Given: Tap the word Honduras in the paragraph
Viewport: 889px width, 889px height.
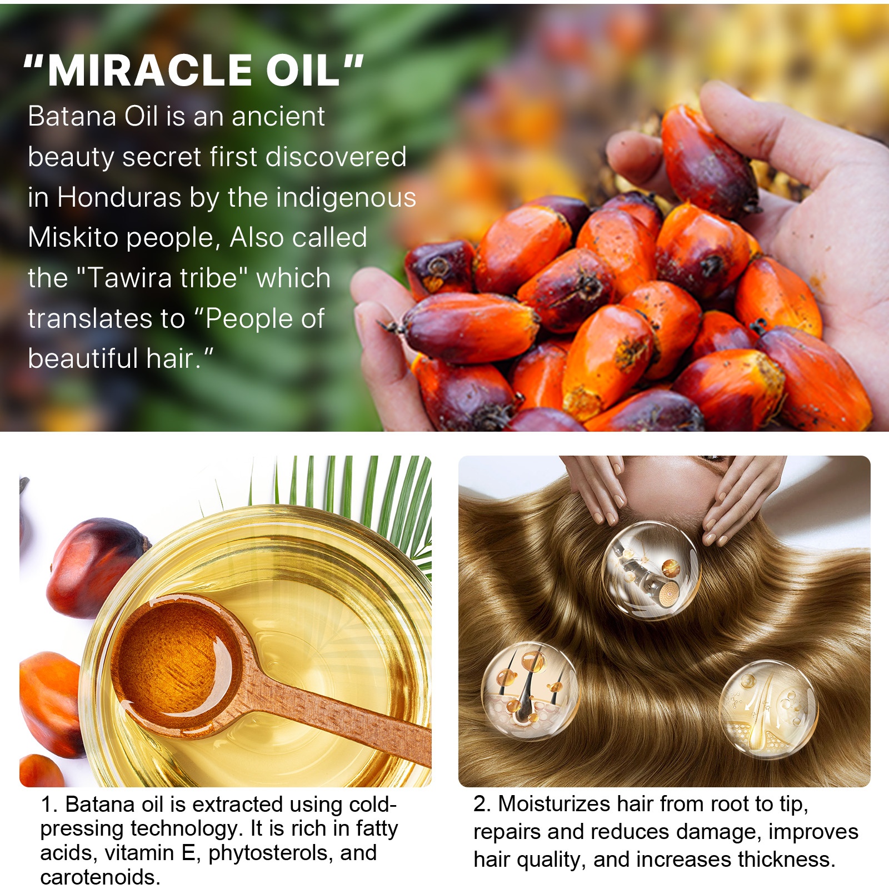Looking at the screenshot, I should tap(119, 197).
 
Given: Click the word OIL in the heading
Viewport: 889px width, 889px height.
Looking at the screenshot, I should tap(303, 71).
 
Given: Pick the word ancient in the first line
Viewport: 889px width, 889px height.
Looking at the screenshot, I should tap(278, 117).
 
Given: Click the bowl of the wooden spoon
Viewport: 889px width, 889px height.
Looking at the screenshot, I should tap(172, 661).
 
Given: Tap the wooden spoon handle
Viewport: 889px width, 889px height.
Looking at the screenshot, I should tap(333, 722).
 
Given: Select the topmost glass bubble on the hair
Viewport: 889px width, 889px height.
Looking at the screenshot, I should tap(650, 570).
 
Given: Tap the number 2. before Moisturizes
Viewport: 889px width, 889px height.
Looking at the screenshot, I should tap(482, 804).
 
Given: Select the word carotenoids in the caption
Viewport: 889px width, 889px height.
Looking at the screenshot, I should tap(100, 877).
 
